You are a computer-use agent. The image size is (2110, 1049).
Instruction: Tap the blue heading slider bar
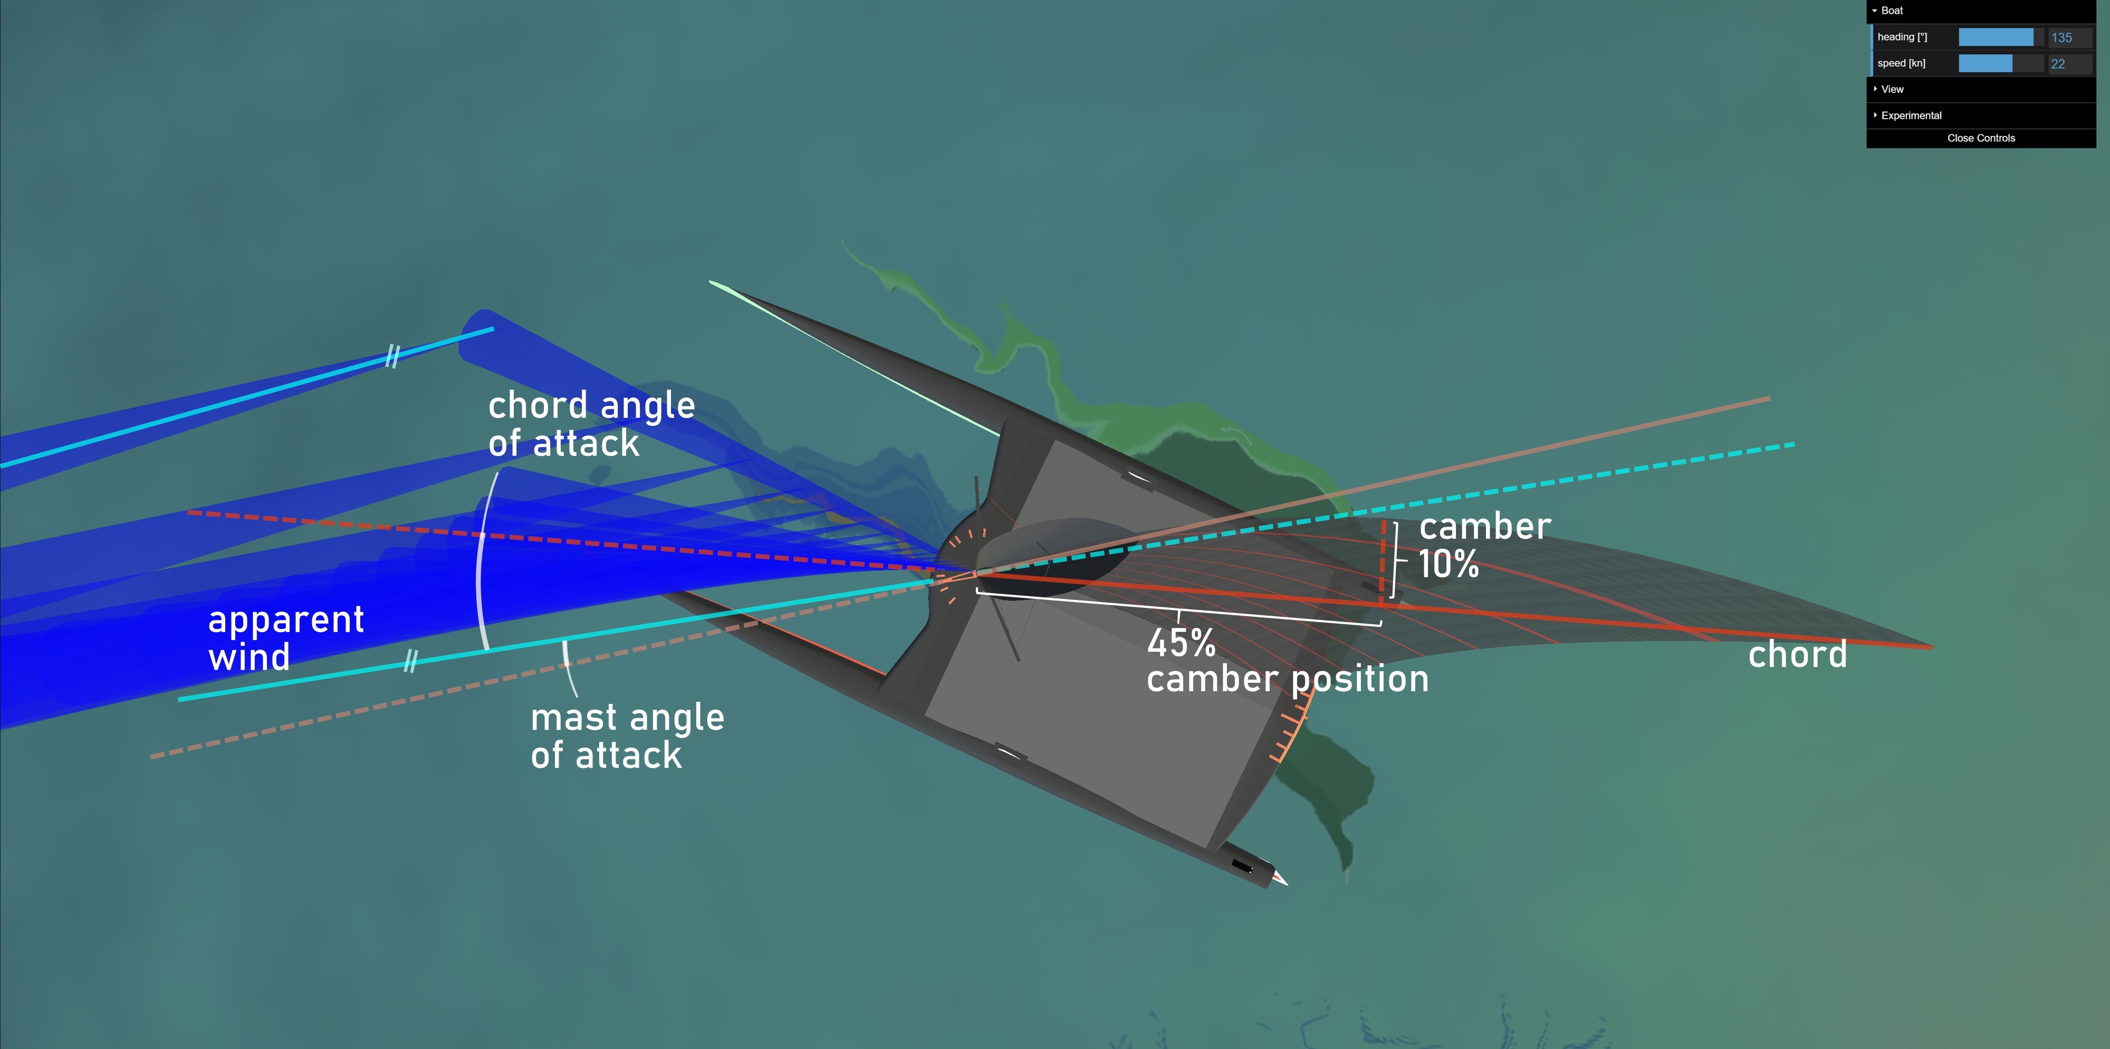(x=1996, y=37)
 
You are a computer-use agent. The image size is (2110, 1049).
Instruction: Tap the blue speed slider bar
(x=1986, y=64)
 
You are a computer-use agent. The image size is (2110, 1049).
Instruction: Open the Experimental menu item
(x=1911, y=116)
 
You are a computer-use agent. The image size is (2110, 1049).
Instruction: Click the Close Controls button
(x=1981, y=138)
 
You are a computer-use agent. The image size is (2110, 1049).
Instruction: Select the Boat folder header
(x=1892, y=11)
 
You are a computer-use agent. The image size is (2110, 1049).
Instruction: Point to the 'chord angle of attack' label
(x=591, y=424)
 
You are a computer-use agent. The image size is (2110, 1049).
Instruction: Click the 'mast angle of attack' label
(x=627, y=736)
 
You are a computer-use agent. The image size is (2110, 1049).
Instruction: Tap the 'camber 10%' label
(x=1483, y=545)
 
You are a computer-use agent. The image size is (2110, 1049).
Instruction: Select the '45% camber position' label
(x=1287, y=661)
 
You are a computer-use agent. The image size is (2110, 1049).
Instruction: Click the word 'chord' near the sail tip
(x=1797, y=655)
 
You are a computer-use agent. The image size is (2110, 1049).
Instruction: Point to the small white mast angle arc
(x=567, y=665)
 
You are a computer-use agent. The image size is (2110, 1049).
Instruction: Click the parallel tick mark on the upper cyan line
(x=392, y=357)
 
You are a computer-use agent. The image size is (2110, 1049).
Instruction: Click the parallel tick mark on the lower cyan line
(x=410, y=661)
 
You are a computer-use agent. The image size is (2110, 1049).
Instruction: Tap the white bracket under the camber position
(x=1179, y=611)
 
